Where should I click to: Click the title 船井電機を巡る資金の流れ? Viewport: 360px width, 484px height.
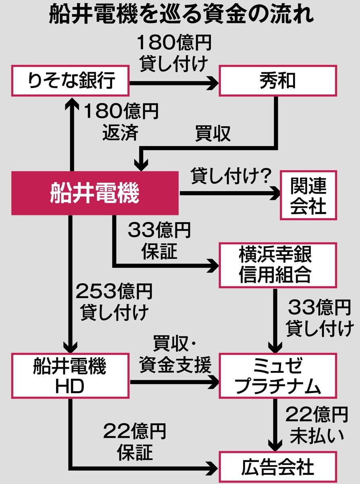pyautogui.click(x=181, y=15)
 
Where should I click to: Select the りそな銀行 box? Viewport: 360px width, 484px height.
pyautogui.click(x=70, y=81)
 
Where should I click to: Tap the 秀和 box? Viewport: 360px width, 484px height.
pyautogui.click(x=278, y=81)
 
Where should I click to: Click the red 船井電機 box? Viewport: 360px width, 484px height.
pyautogui.click(x=95, y=193)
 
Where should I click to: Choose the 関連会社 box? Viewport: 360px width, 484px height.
pyautogui.click(x=308, y=195)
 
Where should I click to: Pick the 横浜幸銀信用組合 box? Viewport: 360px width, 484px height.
pyautogui.click(x=278, y=265)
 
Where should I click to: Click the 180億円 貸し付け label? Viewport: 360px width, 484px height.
pyautogui.click(x=174, y=53)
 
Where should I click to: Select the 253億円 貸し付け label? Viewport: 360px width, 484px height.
pyautogui.click(x=114, y=302)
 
